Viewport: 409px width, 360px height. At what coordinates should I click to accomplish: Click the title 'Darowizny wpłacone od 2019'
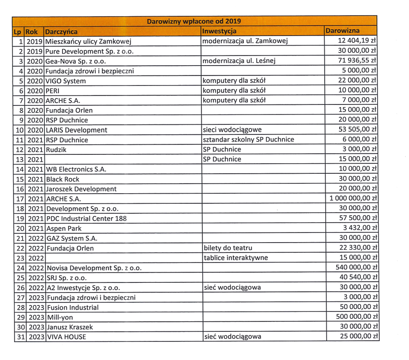194,21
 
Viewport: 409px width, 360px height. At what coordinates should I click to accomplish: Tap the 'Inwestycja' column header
219,31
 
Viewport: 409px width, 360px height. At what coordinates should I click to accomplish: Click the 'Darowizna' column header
343,31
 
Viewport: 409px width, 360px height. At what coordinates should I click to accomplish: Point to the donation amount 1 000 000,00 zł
353,198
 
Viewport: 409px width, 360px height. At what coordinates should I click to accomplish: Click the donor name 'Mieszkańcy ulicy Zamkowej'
86,42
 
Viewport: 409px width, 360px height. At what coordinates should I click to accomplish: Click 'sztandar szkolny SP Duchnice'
249,140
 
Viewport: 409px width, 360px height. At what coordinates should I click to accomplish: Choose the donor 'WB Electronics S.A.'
76,169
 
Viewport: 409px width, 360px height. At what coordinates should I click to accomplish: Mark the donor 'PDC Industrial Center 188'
86,218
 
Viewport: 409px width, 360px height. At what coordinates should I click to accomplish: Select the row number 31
19,336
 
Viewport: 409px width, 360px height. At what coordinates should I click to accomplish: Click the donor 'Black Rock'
62,179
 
